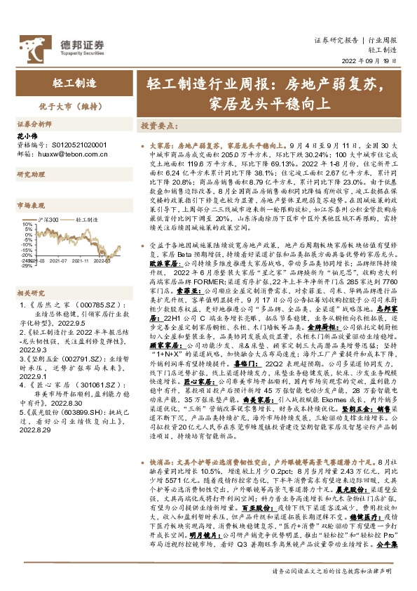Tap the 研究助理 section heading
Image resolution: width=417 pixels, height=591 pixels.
point(30,174)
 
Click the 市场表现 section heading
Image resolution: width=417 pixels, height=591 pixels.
point(30,206)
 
